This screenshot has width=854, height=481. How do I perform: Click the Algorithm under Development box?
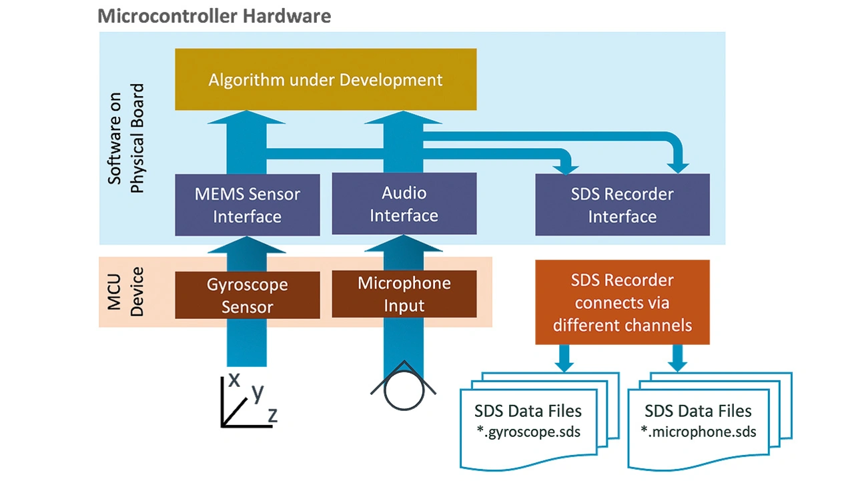click(x=326, y=79)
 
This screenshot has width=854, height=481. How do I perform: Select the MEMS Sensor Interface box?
click(x=247, y=205)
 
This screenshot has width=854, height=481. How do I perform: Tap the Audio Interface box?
click(x=404, y=204)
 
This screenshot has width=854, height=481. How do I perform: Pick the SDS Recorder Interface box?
click(x=622, y=205)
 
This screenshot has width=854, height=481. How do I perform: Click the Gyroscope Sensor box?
click(x=247, y=296)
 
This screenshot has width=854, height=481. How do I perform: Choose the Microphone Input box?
click(x=404, y=294)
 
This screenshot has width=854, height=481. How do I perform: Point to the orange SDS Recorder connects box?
click(x=622, y=302)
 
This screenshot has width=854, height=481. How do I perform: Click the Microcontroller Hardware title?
click(x=213, y=15)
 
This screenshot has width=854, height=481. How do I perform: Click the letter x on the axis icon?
click(x=234, y=379)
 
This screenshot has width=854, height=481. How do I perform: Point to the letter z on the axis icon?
click(x=272, y=414)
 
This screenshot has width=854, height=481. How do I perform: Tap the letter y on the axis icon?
click(x=256, y=393)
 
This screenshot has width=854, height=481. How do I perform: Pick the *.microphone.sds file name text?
click(x=699, y=432)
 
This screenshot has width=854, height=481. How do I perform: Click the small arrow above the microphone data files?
click(x=678, y=358)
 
